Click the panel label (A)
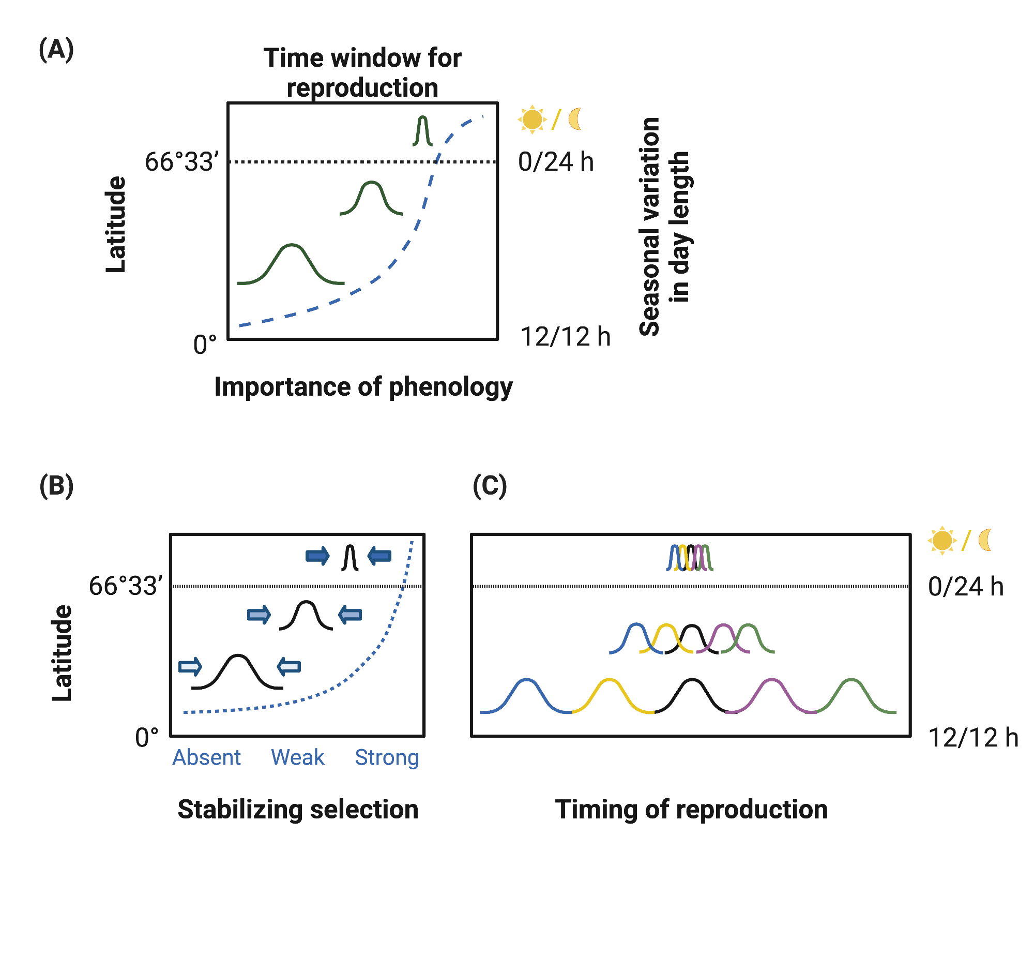56,50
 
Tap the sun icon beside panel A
532,120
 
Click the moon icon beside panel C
985,540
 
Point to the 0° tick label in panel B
147,737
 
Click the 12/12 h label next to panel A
565,337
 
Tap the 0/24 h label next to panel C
966,587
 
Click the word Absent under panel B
206,757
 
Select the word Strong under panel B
387,757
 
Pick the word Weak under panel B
298,757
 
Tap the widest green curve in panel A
292,264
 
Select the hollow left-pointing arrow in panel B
289,666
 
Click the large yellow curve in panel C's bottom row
610,693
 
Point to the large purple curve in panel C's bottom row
771,693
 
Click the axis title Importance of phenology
363,387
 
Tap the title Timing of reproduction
691,809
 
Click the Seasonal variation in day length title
664,227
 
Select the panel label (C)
490,486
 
